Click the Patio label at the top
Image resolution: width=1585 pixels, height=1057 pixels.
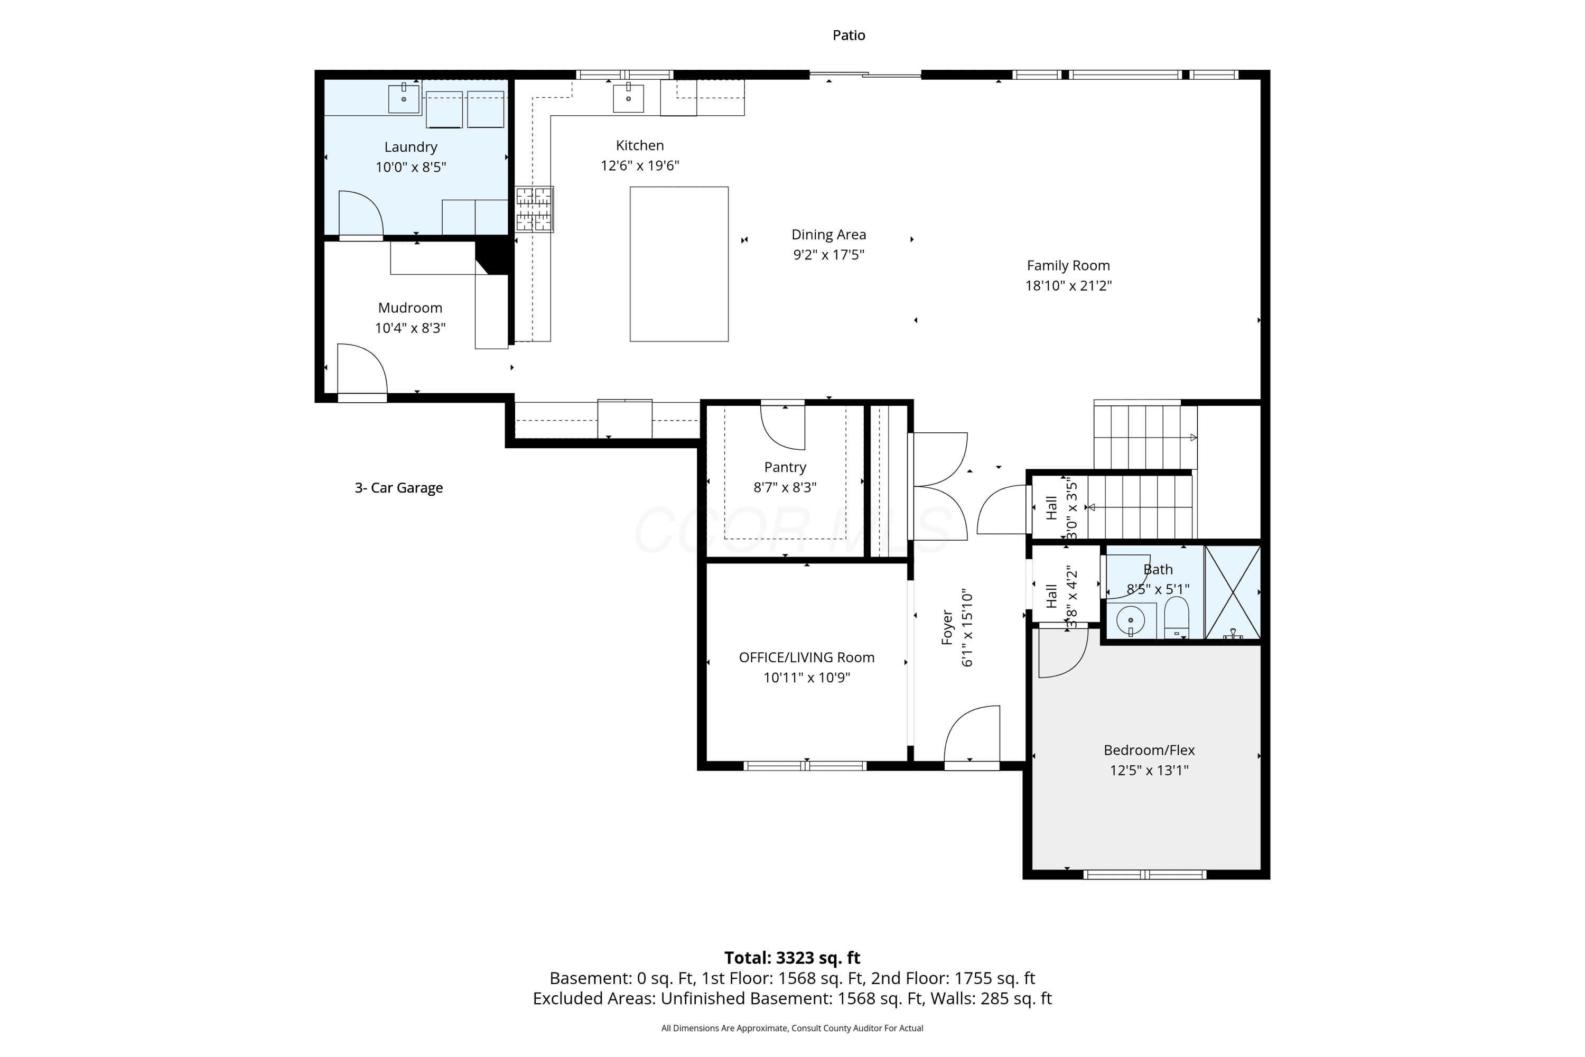(849, 35)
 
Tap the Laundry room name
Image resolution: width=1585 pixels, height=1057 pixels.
(411, 147)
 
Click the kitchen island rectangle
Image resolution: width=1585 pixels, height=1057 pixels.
(678, 264)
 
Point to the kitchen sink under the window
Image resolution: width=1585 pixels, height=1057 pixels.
(628, 98)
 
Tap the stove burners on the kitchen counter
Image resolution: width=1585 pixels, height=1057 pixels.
(534, 209)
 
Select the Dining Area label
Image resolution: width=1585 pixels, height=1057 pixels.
(828, 235)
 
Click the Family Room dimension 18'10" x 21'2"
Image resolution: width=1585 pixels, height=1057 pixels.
(1068, 286)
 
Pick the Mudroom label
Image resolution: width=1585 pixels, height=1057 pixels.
(410, 308)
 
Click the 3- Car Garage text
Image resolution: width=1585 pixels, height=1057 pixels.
(398, 488)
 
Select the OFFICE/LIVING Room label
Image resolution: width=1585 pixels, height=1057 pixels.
(807, 657)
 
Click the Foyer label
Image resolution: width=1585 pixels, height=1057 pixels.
(947, 628)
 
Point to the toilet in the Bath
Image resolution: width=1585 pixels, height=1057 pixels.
(1176, 617)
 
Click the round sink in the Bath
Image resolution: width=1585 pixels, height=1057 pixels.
(1131, 620)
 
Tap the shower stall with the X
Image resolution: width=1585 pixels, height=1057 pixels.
(1233, 592)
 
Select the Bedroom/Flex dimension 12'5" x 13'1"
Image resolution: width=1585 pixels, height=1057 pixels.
(1149, 770)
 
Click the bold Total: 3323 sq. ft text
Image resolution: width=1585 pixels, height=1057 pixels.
(792, 958)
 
